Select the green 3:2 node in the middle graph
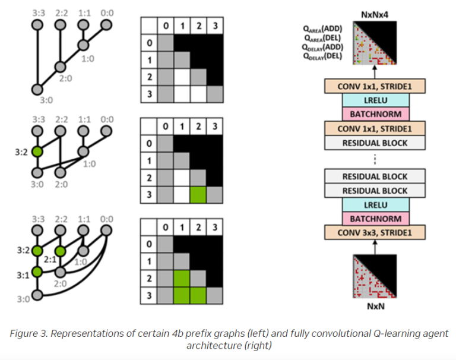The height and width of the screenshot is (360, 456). (x=37, y=151)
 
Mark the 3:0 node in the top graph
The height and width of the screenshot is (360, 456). (x=37, y=89)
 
